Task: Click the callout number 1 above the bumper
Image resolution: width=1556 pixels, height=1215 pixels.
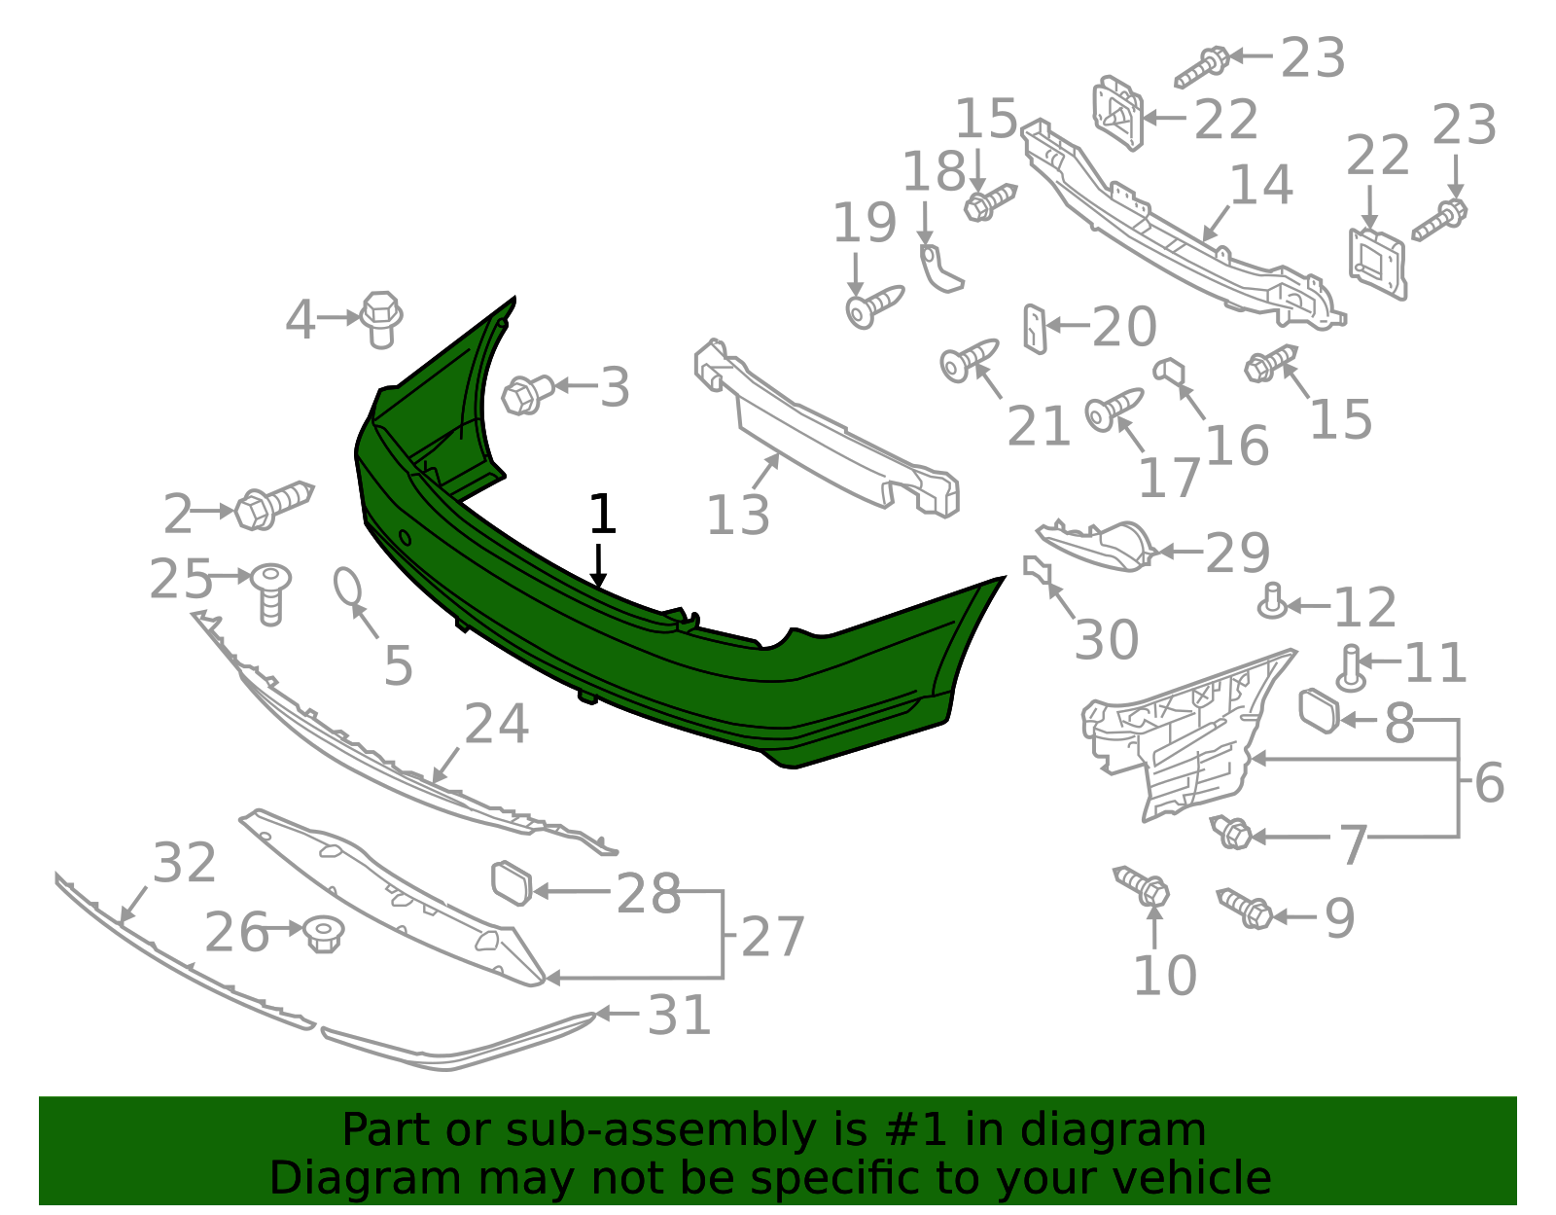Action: click(601, 514)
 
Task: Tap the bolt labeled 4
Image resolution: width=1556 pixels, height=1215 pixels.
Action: click(380, 319)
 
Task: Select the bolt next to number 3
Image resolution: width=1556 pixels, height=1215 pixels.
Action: click(527, 395)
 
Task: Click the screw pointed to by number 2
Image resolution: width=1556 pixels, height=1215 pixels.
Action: click(274, 505)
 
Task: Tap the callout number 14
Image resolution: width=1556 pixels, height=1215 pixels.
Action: click(1261, 185)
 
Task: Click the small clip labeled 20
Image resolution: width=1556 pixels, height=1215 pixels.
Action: click(1035, 330)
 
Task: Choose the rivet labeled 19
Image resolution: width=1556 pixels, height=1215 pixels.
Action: click(874, 307)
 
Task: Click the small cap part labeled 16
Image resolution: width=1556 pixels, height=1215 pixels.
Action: click(1169, 372)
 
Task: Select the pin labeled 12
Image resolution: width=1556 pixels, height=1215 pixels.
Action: click(1272, 602)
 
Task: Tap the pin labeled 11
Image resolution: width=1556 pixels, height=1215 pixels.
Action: click(1351, 668)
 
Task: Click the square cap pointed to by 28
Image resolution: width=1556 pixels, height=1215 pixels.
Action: click(512, 883)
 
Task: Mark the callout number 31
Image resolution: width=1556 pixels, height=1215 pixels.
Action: click(679, 1016)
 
